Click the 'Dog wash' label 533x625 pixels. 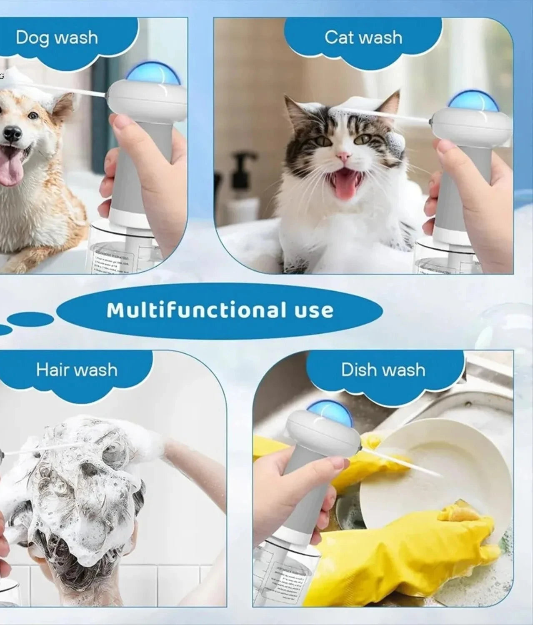point(57,37)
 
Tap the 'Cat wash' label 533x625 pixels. point(363,37)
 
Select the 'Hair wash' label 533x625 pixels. point(77,370)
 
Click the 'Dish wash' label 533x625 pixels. point(383,370)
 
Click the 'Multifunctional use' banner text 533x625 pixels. point(220,310)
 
